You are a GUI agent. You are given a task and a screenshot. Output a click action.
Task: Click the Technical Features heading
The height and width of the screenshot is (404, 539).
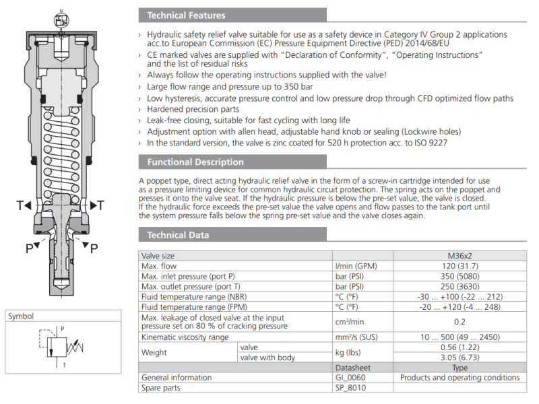186,15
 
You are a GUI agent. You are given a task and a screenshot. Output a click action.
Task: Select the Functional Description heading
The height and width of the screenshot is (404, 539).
195,162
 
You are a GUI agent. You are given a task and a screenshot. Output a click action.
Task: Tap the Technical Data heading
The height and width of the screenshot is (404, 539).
178,235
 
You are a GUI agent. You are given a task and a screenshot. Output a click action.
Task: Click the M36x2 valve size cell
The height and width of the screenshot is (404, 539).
459,256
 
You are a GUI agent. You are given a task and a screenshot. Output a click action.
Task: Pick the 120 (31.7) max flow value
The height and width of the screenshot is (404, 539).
459,266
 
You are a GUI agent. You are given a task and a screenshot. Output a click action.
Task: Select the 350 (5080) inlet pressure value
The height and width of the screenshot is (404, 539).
459,276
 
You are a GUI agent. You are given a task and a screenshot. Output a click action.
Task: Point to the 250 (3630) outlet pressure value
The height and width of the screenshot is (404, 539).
459,287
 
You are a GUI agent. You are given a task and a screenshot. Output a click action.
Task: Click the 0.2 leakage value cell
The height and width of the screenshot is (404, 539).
459,322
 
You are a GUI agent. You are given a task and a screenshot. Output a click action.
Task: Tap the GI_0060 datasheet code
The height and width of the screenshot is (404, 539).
350,378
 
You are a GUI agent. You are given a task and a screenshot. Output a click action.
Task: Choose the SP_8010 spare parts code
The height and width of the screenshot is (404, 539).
350,388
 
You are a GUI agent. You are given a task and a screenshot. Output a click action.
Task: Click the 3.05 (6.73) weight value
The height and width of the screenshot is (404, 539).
459,358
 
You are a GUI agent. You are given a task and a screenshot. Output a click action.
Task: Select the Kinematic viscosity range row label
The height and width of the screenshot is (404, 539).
185,337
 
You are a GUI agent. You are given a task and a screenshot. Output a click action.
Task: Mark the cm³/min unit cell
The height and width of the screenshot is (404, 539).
350,322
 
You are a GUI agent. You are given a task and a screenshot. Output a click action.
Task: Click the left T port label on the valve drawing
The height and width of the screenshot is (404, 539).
20,205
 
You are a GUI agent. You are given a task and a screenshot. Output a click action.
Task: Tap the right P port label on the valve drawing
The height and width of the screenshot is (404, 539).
94,248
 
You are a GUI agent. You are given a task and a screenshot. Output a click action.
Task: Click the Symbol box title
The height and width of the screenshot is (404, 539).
21,316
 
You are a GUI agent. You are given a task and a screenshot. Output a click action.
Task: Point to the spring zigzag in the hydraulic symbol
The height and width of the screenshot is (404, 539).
75,347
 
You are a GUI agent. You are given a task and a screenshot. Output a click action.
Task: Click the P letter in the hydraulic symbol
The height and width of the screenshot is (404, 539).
62,329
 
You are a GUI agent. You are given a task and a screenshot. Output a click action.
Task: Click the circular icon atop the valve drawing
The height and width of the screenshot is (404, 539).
61,20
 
